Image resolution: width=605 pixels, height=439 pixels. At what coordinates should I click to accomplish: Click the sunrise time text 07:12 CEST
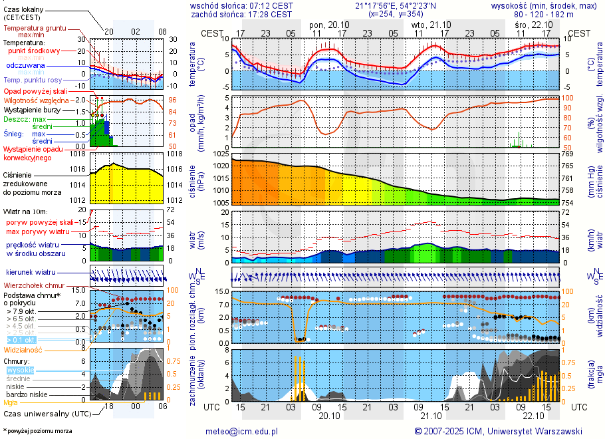pyautogui.click(x=270, y=5)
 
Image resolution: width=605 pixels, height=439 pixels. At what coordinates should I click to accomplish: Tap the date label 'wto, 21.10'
pyautogui.click(x=431, y=24)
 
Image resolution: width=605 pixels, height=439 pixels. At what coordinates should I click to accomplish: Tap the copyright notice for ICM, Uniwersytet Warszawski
pyautogui.click(x=498, y=431)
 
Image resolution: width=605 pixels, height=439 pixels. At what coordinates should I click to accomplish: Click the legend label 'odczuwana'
pyautogui.click(x=25, y=66)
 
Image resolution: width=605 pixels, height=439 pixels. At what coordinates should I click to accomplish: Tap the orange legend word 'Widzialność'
pyautogui.click(x=23, y=349)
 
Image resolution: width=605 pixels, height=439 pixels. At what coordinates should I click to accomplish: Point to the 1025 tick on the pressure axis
pyautogui.click(x=221, y=154)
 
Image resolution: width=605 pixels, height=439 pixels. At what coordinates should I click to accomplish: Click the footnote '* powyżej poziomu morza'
pyautogui.click(x=37, y=431)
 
